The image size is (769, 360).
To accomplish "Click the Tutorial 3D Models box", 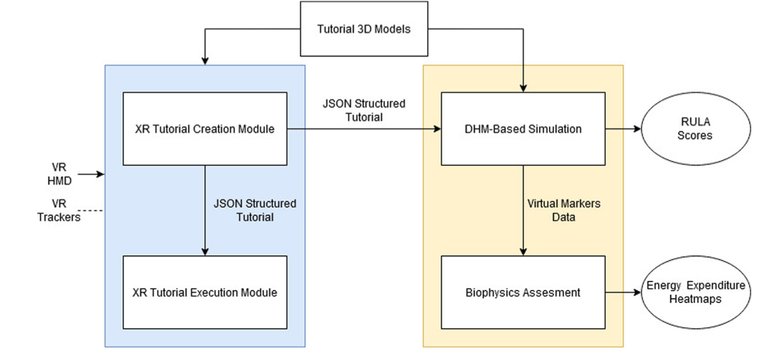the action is (x=364, y=29).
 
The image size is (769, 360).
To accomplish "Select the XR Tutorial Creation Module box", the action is (x=204, y=129).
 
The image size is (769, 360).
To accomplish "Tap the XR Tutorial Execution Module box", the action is (x=204, y=293).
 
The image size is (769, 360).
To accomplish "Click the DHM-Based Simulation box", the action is (x=523, y=129).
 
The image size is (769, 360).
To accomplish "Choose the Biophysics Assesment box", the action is (x=523, y=293).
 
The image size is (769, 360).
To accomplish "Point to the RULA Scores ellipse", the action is (x=695, y=129).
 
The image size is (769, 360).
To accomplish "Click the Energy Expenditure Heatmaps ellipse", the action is (x=695, y=293).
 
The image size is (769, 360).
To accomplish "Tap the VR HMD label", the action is (x=60, y=174).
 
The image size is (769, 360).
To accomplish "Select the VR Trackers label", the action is (x=60, y=211).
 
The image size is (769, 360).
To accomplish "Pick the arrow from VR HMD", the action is (x=91, y=174).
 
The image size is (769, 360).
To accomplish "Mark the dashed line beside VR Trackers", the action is (x=91, y=211).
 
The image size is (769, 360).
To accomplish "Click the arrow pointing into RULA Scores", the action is (x=623, y=129).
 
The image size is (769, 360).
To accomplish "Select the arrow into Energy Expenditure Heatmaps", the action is (x=623, y=293).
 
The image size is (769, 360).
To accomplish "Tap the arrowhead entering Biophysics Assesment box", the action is (x=523, y=252).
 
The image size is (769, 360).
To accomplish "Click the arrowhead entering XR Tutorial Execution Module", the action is (x=205, y=252).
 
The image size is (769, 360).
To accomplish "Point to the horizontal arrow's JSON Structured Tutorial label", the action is (x=364, y=111).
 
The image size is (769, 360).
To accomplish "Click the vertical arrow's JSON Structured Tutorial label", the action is (x=255, y=210).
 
